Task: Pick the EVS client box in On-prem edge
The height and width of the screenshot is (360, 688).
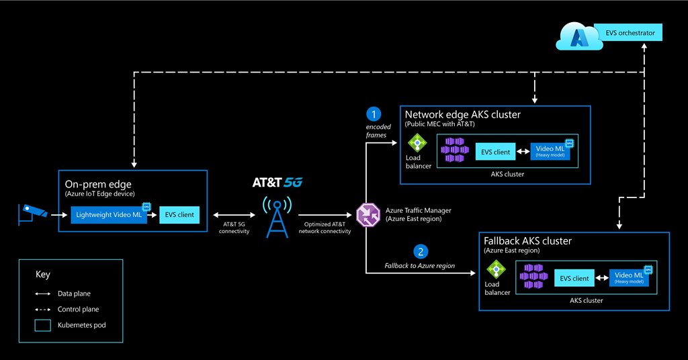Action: (179, 215)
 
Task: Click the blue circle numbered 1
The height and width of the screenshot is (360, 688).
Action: (374, 115)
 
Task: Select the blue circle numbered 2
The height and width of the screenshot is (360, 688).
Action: (421, 252)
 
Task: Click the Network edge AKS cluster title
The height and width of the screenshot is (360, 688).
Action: (462, 115)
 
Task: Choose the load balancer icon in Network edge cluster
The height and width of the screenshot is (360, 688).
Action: (417, 144)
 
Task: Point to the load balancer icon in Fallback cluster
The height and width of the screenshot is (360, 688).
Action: (497, 271)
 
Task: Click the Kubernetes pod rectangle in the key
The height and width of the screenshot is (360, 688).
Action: (44, 325)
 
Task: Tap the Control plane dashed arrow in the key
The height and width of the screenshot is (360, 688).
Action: (44, 310)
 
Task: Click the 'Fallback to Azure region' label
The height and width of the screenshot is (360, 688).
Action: (420, 266)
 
